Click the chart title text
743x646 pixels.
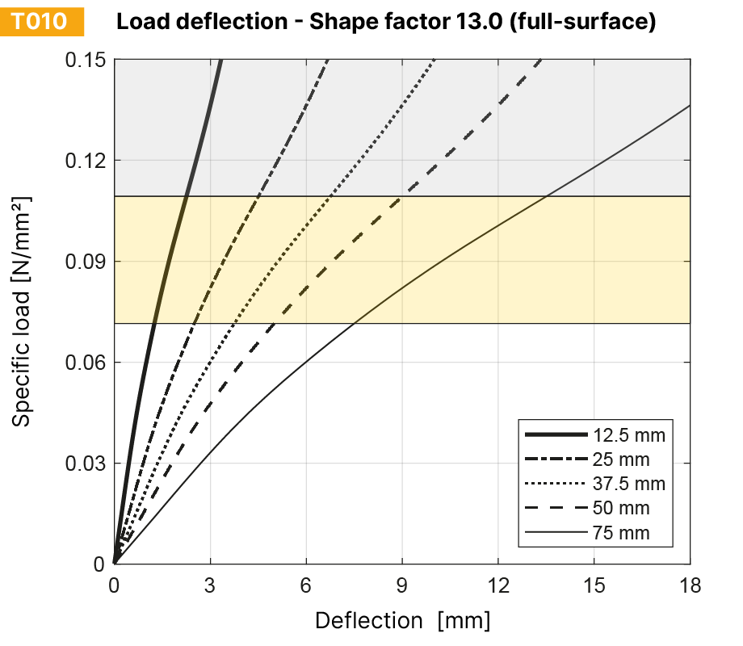click(x=385, y=22)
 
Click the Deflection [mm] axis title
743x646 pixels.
click(x=402, y=620)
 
